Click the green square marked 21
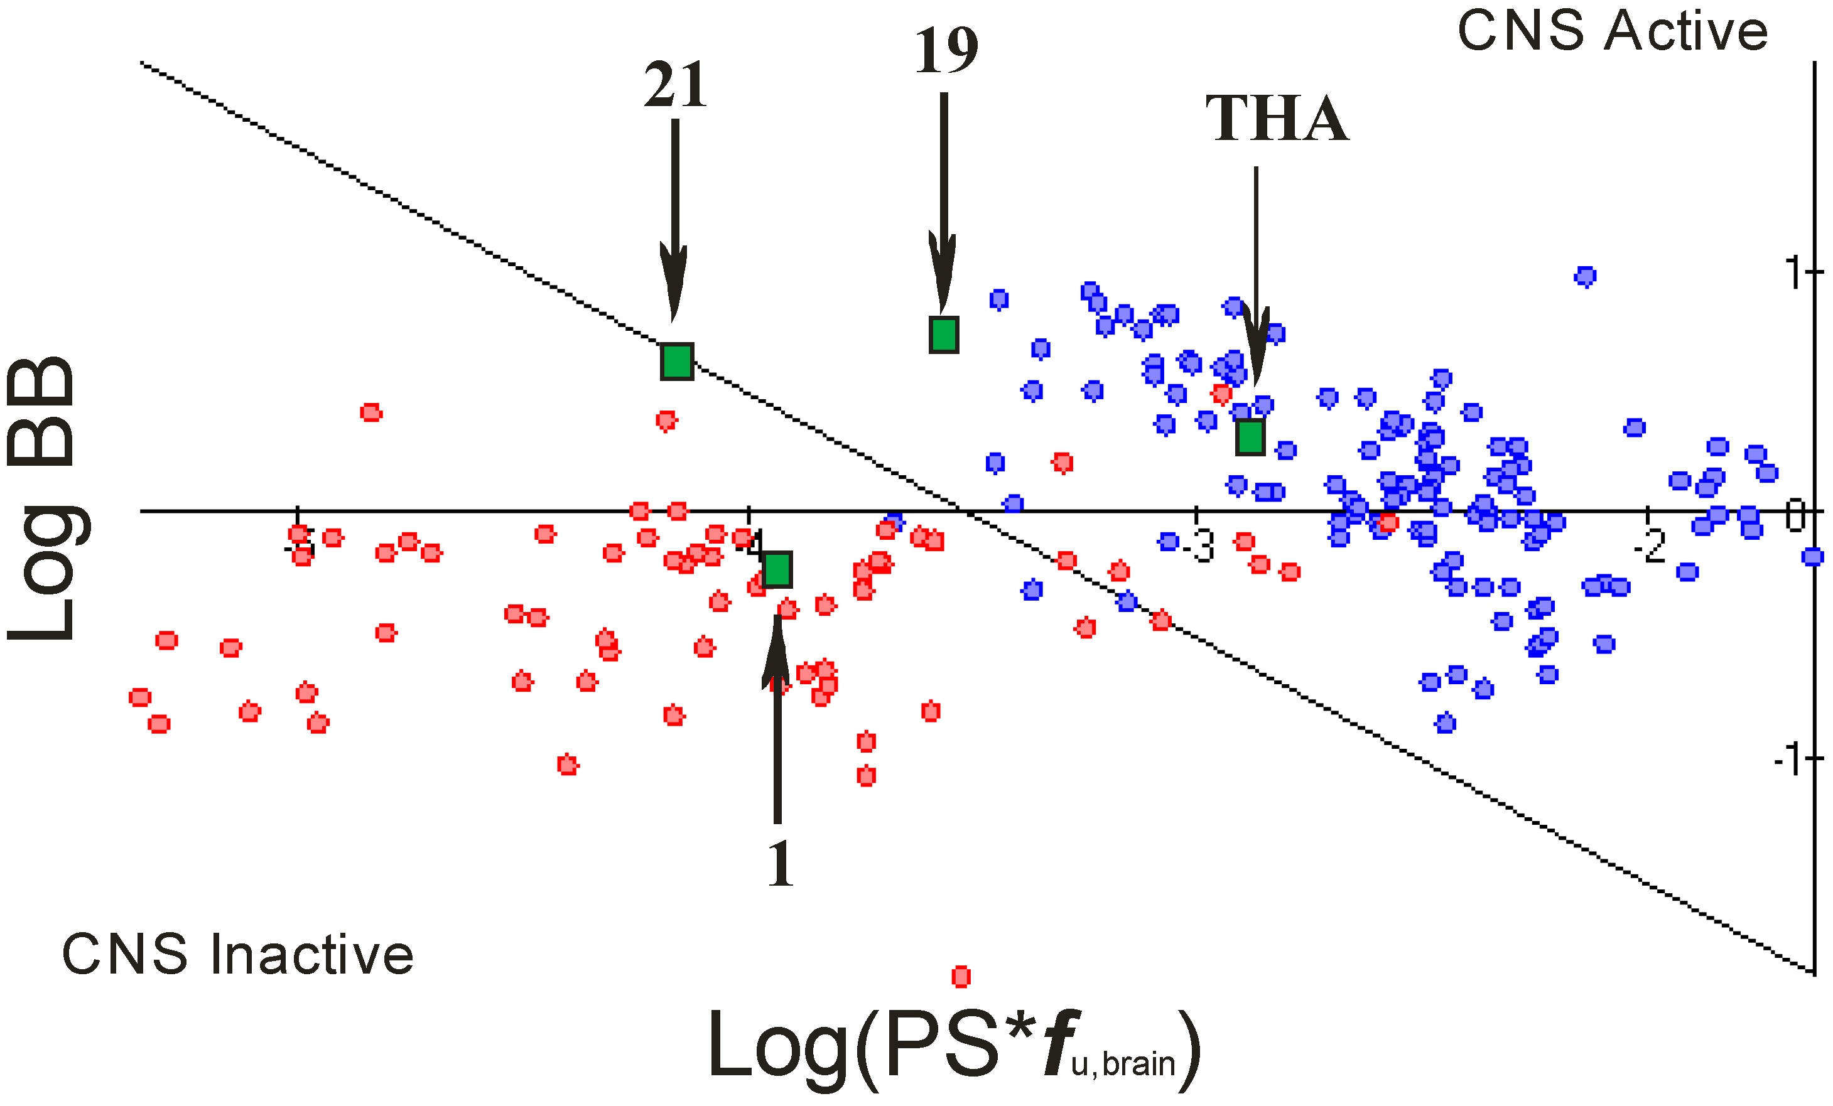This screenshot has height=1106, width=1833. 677,362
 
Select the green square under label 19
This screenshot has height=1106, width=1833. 944,334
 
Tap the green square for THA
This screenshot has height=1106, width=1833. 1250,437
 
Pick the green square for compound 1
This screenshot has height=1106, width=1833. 777,569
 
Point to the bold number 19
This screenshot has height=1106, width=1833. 946,51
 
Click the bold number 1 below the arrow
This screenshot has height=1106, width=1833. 780,864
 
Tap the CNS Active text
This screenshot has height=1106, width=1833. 1612,31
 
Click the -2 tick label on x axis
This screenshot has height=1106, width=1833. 1649,547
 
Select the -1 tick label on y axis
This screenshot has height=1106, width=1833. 1788,760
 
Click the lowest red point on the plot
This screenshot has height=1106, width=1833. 961,977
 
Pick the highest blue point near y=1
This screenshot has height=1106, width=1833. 1586,277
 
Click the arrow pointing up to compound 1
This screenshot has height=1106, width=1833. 777,714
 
